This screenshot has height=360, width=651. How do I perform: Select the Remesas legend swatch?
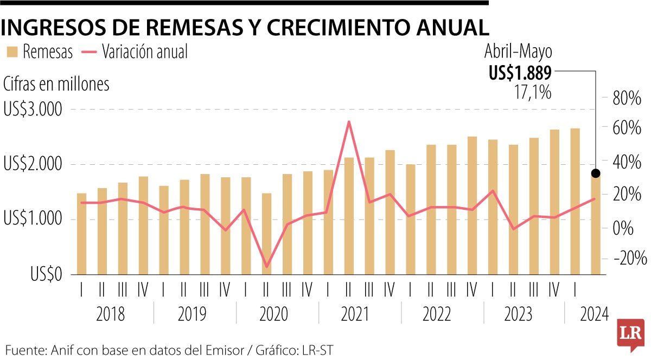click(12, 52)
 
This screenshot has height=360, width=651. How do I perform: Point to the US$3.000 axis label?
click(33, 110)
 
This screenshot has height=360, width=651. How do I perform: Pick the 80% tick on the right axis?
click(627, 99)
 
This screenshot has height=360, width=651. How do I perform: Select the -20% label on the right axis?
click(629, 258)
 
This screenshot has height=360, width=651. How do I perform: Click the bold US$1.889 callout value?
click(520, 73)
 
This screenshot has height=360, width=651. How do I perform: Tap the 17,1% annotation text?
click(532, 92)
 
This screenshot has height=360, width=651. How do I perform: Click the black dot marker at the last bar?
click(596, 173)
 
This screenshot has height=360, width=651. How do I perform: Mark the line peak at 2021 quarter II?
click(349, 121)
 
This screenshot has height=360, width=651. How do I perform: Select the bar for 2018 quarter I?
click(81, 234)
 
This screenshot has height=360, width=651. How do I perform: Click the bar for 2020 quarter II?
click(266, 234)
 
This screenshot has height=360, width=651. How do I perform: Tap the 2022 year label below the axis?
click(437, 314)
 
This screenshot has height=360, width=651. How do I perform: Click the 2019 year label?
click(192, 314)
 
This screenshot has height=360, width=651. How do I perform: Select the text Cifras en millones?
click(56, 84)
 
